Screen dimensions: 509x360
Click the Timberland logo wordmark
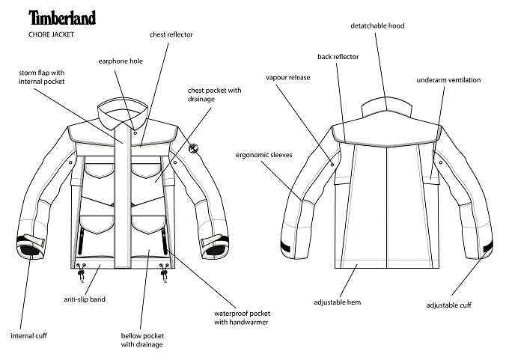pyautogui.click(x=62, y=17)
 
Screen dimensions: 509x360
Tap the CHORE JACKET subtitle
pyautogui.click(x=52, y=34)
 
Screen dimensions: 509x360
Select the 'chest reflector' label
pyautogui.click(x=171, y=34)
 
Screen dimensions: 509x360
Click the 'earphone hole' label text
pyautogui.click(x=121, y=61)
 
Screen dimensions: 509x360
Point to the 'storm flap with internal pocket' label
pyautogui.click(x=42, y=77)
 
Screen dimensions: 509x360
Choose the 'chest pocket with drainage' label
pyautogui.click(x=215, y=94)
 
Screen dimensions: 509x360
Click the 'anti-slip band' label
pyautogui.click(x=85, y=299)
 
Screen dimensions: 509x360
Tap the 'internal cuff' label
pyautogui.click(x=29, y=335)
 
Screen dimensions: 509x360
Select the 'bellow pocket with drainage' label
pyautogui.click(x=142, y=340)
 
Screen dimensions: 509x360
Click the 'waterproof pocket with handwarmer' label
pyautogui.click(x=243, y=318)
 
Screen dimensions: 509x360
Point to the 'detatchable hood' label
pyautogui.click(x=377, y=25)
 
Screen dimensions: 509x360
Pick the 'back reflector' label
pyautogui.click(x=338, y=57)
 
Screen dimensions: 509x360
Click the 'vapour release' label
pyautogui.click(x=288, y=78)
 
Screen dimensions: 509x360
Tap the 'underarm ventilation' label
pyautogui.click(x=448, y=80)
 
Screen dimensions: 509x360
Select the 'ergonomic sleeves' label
pyautogui.click(x=264, y=155)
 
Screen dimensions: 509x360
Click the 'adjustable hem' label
pyautogui.click(x=338, y=302)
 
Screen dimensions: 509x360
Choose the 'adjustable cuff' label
pyautogui.click(x=449, y=305)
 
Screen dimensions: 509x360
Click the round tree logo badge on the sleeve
pyautogui.click(x=193, y=148)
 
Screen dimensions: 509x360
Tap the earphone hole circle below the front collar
pyautogui.click(x=135, y=132)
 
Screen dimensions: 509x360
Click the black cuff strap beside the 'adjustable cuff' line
pyautogui.click(x=488, y=247)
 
